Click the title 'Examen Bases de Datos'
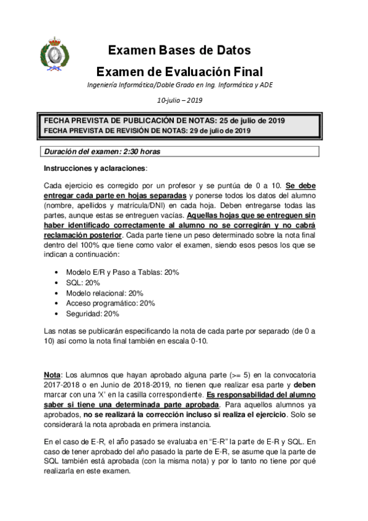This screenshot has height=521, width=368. (x=179, y=50)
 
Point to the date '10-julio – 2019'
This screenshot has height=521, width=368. (x=179, y=100)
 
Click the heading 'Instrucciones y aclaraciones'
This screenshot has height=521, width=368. (x=95, y=168)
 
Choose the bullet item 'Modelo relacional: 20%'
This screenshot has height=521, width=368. (x=104, y=293)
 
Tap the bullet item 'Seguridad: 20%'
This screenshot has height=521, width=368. (x=92, y=313)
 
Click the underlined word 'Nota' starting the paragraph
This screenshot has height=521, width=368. (x=52, y=374)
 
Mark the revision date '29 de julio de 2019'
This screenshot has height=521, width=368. (x=219, y=130)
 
